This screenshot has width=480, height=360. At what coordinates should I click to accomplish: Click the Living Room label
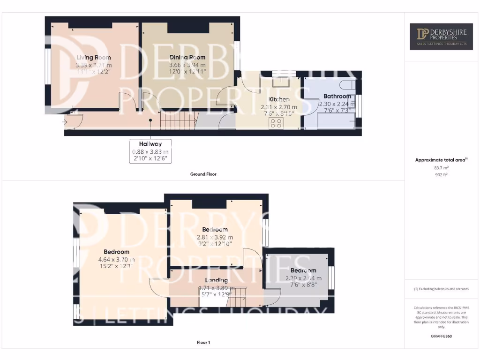pyautogui.click(x=94, y=58)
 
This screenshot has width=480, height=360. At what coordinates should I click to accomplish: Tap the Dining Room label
pyautogui.click(x=187, y=58)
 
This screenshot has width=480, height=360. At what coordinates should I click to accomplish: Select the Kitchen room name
pyautogui.click(x=278, y=99)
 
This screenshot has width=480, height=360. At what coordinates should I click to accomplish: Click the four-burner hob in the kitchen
pyautogui.click(x=276, y=123)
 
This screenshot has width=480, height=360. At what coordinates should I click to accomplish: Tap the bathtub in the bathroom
pyautogui.click(x=336, y=121)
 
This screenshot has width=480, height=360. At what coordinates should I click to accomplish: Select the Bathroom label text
pyautogui.click(x=337, y=96)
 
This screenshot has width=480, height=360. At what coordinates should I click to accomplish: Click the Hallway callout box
pyautogui.click(x=150, y=151)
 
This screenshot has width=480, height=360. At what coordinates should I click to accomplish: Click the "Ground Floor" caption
pyautogui.click(x=203, y=174)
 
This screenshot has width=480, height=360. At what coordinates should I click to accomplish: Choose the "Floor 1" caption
pyautogui.click(x=203, y=343)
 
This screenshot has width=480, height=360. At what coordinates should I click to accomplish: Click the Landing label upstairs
pyautogui.click(x=216, y=280)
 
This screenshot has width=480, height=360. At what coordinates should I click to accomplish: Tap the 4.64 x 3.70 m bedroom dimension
pyautogui.click(x=116, y=259)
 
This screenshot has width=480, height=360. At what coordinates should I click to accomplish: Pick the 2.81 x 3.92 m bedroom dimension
pyautogui.click(x=215, y=237)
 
